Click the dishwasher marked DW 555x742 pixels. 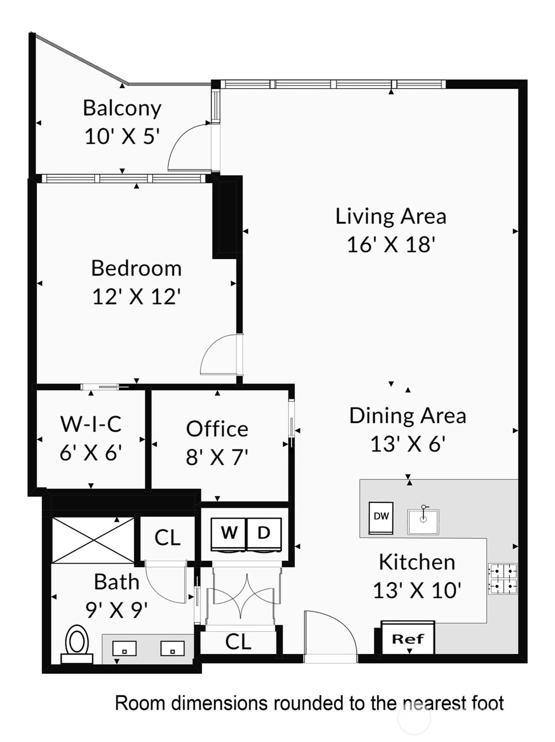(381, 518)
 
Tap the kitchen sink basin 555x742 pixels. (423, 522)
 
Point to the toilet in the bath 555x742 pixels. (77, 644)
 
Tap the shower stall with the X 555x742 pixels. (94, 541)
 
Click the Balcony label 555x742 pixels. (122, 109)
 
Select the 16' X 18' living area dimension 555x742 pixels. (391, 245)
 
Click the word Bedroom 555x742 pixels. (136, 268)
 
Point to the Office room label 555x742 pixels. (217, 429)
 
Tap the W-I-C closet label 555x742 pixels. (91, 424)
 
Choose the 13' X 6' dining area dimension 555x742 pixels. (408, 444)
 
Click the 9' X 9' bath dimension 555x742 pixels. (116, 610)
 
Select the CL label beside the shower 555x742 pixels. (167, 537)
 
